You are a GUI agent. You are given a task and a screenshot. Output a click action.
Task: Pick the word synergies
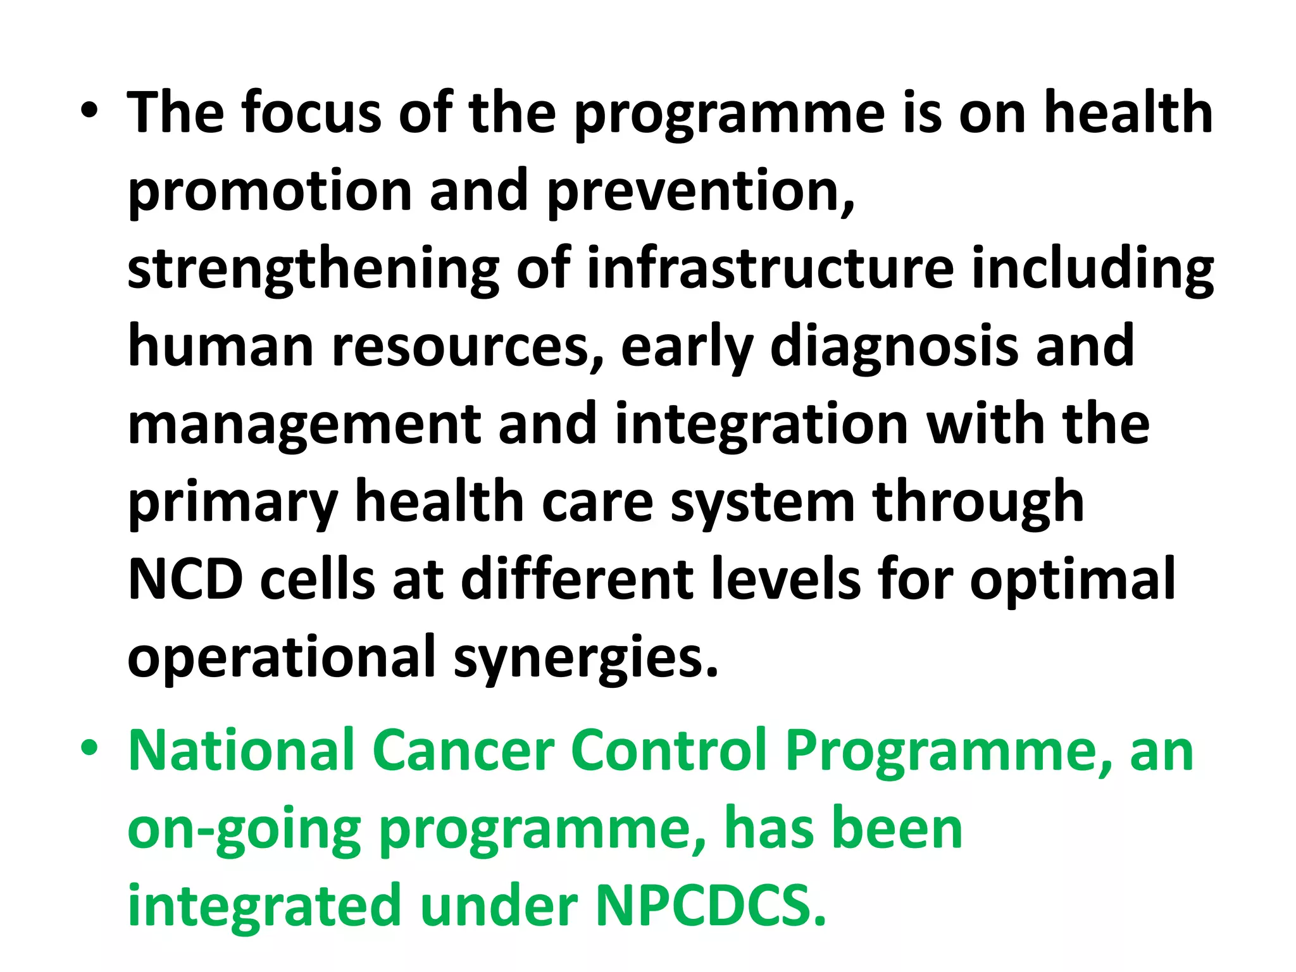click(586, 658)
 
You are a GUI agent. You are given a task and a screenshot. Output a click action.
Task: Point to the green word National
click(241, 751)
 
